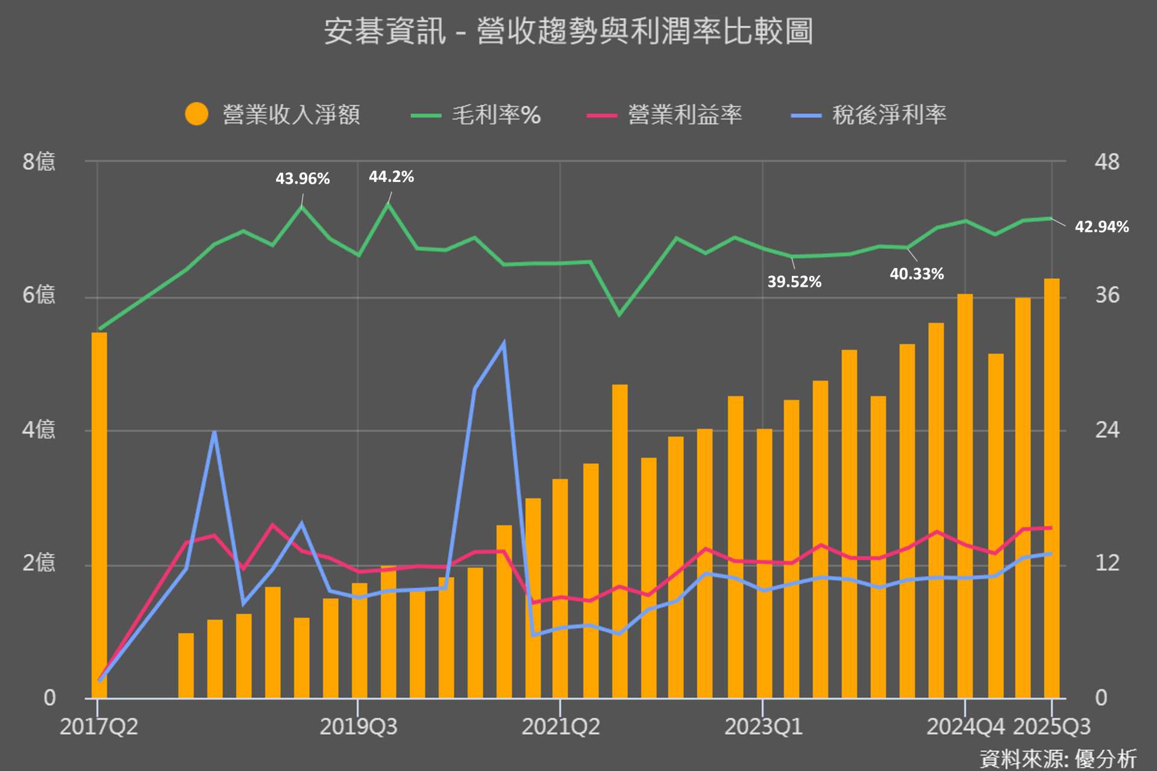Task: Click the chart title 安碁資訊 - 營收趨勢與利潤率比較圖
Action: (x=568, y=31)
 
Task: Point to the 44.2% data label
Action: (x=391, y=176)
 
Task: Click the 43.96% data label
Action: (x=303, y=179)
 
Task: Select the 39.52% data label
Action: (x=794, y=281)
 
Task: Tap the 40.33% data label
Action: (x=917, y=274)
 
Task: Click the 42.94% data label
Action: (x=1102, y=227)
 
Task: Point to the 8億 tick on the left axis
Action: (x=39, y=161)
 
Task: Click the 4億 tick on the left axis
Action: (x=39, y=430)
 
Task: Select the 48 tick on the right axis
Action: (x=1107, y=162)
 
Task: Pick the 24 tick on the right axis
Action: (x=1107, y=430)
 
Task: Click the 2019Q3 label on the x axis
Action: (x=359, y=727)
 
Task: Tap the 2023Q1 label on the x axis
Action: (x=763, y=727)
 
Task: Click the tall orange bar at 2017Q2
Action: (x=99, y=512)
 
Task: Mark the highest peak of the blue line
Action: (x=504, y=343)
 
